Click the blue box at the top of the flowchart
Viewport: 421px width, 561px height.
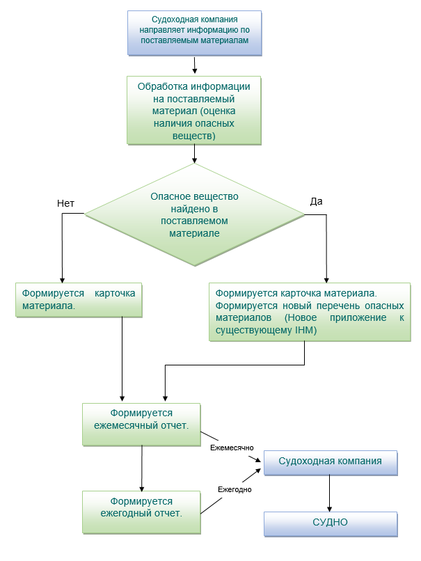click(194, 32)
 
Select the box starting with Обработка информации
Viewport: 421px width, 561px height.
click(194, 110)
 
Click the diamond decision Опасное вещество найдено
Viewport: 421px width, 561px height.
click(194, 215)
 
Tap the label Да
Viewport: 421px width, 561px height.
click(316, 201)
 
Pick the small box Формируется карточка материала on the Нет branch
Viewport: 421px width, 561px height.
click(79, 299)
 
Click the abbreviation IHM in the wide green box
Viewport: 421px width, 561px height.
click(305, 331)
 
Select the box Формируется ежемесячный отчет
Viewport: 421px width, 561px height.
click(142, 424)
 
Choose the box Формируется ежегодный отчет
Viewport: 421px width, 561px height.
click(142, 512)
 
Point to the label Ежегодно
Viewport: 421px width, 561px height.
click(235, 489)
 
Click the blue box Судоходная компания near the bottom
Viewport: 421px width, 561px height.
click(330, 462)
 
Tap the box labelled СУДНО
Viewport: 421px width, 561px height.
click(330, 523)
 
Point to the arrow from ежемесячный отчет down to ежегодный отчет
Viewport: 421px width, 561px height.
click(142, 468)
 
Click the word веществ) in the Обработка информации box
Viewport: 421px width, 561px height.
click(194, 136)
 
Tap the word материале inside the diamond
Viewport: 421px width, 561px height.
click(195, 233)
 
